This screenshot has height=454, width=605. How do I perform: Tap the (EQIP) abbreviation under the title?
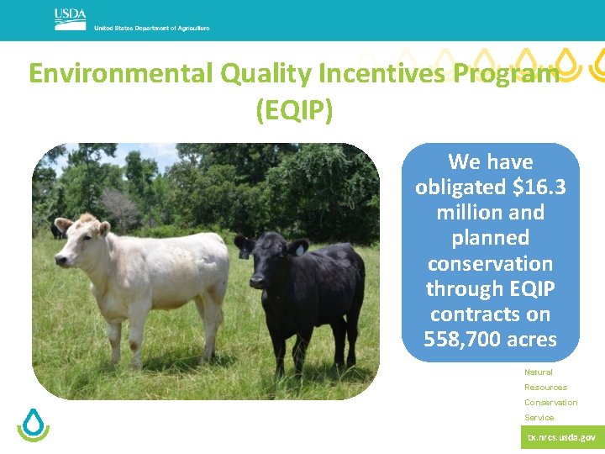(294, 110)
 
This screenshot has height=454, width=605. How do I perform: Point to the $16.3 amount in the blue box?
(532, 187)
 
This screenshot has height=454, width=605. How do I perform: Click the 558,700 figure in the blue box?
(460, 340)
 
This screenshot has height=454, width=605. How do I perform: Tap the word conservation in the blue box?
(491, 263)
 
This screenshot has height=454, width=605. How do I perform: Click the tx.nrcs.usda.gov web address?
(561, 437)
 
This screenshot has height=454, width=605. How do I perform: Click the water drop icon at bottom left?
(34, 425)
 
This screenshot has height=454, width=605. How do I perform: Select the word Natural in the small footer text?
(539, 372)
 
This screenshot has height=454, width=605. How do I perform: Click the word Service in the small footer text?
(539, 417)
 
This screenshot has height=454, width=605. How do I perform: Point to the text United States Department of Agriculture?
(151, 29)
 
